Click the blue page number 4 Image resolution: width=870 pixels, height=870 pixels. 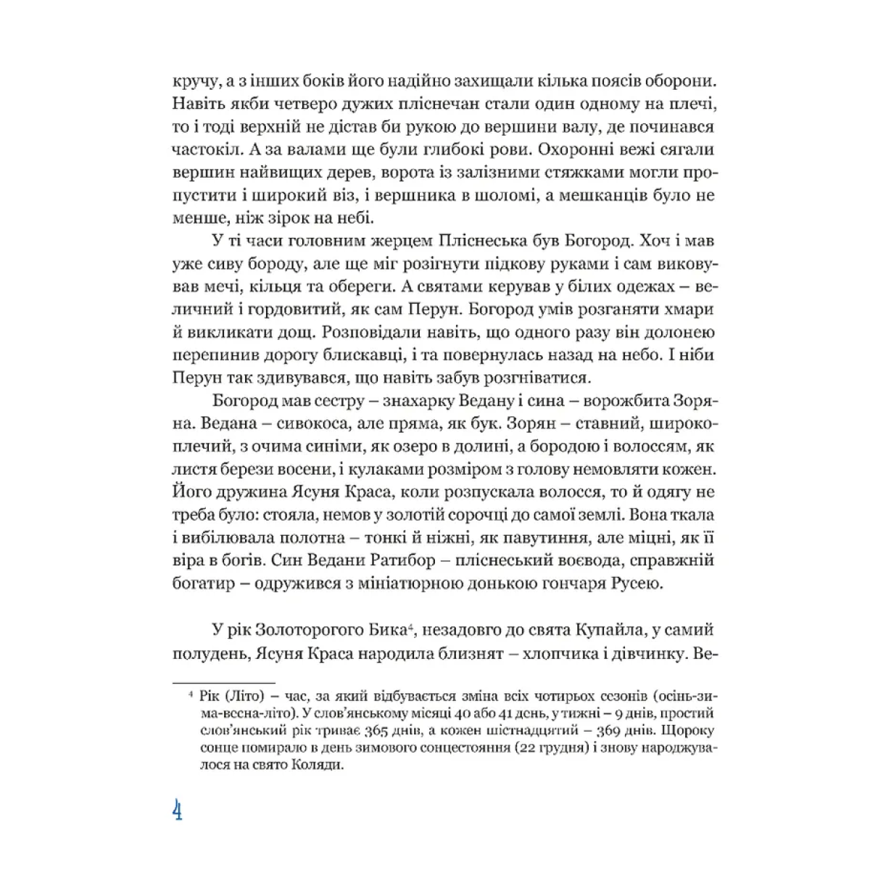[176, 810]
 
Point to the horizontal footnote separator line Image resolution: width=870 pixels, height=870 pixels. [223, 682]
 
